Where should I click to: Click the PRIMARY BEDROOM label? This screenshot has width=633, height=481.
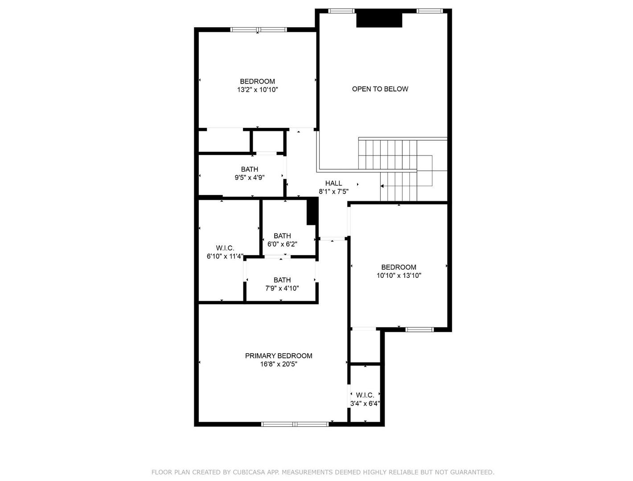pos(278,356)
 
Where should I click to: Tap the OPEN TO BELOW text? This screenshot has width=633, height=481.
pos(380,89)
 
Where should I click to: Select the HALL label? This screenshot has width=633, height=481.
pos(333,183)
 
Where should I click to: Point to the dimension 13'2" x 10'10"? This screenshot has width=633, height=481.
pos(257,90)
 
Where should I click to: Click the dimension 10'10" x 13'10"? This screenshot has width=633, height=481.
pos(399,275)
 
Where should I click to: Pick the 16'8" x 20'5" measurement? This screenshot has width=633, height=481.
pos(279,364)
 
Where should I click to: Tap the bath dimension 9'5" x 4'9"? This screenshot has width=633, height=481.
pos(250,177)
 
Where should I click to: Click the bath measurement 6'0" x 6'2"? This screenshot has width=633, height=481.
pos(282,244)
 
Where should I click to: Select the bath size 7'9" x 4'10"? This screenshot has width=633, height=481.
pos(282,288)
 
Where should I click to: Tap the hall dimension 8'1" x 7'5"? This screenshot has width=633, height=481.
pos(333,192)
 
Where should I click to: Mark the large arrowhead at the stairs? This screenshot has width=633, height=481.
pos(382,186)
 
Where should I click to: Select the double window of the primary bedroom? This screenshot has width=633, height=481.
pos(295,424)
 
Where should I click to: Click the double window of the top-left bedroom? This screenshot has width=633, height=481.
pos(259,29)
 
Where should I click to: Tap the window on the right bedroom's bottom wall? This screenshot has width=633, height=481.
pos(419,330)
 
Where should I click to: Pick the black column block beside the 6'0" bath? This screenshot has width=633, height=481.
pos(312,211)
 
